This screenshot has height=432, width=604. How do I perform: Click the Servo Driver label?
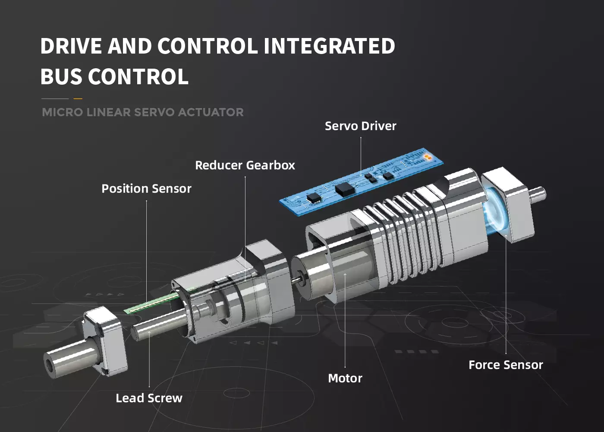pos(360,126)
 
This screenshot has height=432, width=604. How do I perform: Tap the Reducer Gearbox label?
pos(245,165)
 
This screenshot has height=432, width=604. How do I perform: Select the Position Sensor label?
pos(146,189)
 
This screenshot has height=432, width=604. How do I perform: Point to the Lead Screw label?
pos(149,398)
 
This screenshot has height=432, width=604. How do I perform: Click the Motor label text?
pos(345,378)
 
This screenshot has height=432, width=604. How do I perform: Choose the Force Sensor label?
pos(506,365)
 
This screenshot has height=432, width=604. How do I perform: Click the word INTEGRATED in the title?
pos(329,46)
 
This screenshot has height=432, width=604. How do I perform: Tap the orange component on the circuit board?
pos(427,156)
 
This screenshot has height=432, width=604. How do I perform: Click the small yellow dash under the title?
pos(78,99)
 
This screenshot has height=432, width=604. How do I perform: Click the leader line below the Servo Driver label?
pos(361,156)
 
